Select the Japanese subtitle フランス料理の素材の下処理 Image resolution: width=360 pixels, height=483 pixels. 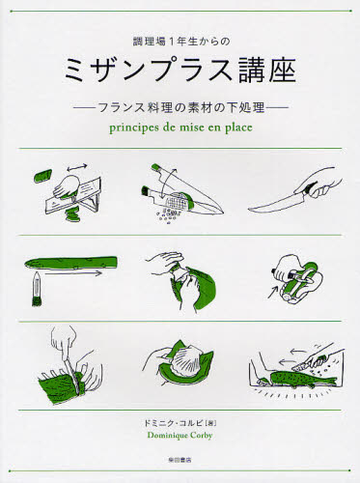[180, 101]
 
